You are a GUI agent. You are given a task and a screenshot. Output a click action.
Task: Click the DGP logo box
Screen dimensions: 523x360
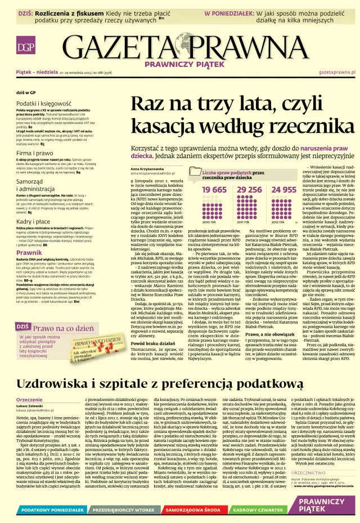pos(24,47)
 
